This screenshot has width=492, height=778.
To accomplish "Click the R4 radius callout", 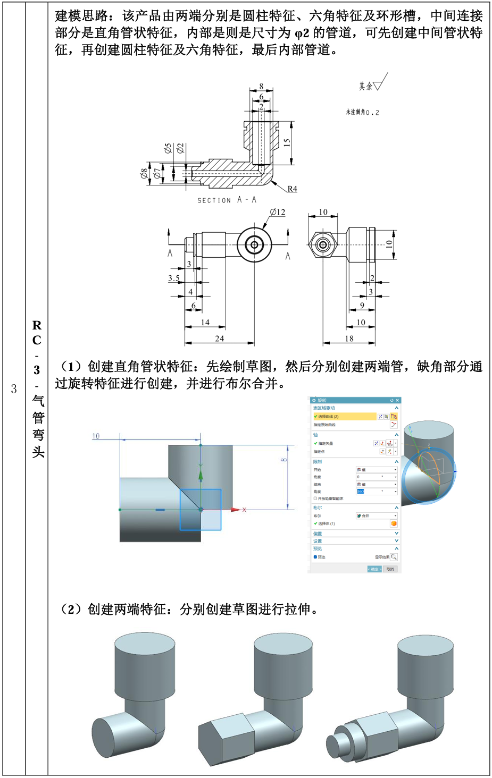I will tap(292, 189).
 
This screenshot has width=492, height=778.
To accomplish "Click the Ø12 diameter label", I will tap(277, 212).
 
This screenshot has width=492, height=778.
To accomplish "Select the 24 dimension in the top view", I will tap(219, 339).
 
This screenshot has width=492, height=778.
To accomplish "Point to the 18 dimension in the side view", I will tap(349, 339).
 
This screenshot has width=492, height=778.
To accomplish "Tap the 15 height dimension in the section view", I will tap(287, 143).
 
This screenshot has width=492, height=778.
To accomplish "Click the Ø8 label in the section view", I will tap(144, 173).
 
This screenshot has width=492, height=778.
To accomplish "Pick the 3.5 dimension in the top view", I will tap(174, 278).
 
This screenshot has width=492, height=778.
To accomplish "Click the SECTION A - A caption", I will tap(227, 200).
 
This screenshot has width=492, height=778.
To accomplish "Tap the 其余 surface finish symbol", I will tap(372, 84).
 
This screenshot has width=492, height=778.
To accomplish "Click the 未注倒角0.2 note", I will tap(362, 112).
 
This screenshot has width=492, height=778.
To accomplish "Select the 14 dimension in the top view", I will tap(205, 323).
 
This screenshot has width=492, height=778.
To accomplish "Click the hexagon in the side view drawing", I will tap(322, 245).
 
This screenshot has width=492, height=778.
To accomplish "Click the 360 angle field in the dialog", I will tap(361, 492).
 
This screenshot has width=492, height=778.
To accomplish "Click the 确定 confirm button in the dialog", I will tap(374, 569).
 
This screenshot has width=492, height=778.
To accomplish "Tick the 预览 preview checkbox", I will tap(315, 557).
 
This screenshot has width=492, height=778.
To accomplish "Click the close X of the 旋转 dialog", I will tap(397, 400).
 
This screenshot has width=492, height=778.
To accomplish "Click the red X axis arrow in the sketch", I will tap(237, 510).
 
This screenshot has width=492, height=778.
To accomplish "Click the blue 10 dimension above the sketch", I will tap(96, 436).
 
